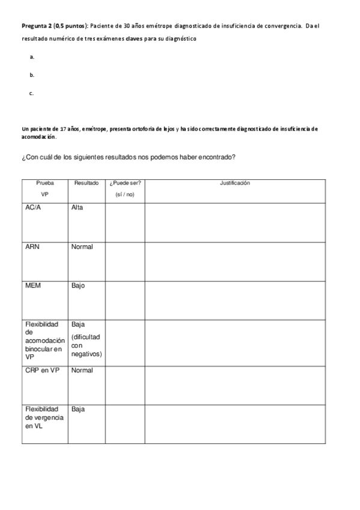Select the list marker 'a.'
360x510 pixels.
[32, 57]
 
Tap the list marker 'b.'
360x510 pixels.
[32, 75]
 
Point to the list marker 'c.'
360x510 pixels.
[32, 93]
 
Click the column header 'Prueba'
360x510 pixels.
[44, 183]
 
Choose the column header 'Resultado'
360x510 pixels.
[87, 183]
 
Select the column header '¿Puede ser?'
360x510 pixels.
[125, 183]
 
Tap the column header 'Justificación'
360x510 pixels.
[235, 183]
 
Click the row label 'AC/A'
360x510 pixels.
[34, 207]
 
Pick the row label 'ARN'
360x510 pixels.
[33, 247]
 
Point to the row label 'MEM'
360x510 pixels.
[33, 286]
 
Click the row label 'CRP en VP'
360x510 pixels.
[42, 370]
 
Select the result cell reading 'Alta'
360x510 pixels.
[77, 207]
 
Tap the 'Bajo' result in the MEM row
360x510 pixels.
[78, 286]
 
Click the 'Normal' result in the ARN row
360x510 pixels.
[82, 247]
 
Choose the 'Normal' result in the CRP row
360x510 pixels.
[82, 370]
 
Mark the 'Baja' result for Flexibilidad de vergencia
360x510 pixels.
[78, 409]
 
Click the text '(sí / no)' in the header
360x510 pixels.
[125, 194]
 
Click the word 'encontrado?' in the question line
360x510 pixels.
[212, 158]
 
